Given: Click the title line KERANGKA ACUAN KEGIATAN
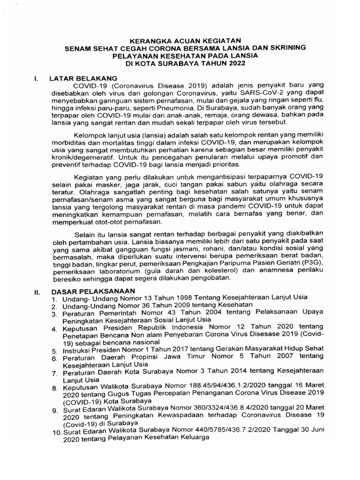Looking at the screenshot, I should click(186, 40).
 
